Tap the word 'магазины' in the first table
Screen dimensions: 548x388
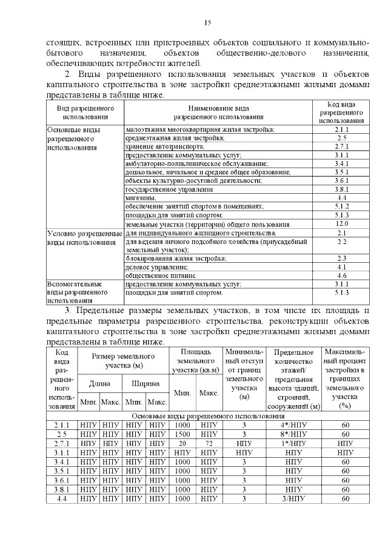coord(140,197)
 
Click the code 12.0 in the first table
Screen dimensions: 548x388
coord(341,224)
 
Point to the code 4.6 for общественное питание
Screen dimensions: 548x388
coord(341,275)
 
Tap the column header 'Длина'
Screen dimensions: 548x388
coord(99,383)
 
